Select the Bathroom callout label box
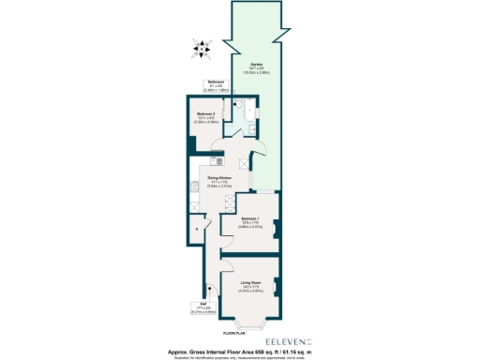coord(216,85)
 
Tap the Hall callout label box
coord(202,307)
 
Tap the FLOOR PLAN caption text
coord(234,333)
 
